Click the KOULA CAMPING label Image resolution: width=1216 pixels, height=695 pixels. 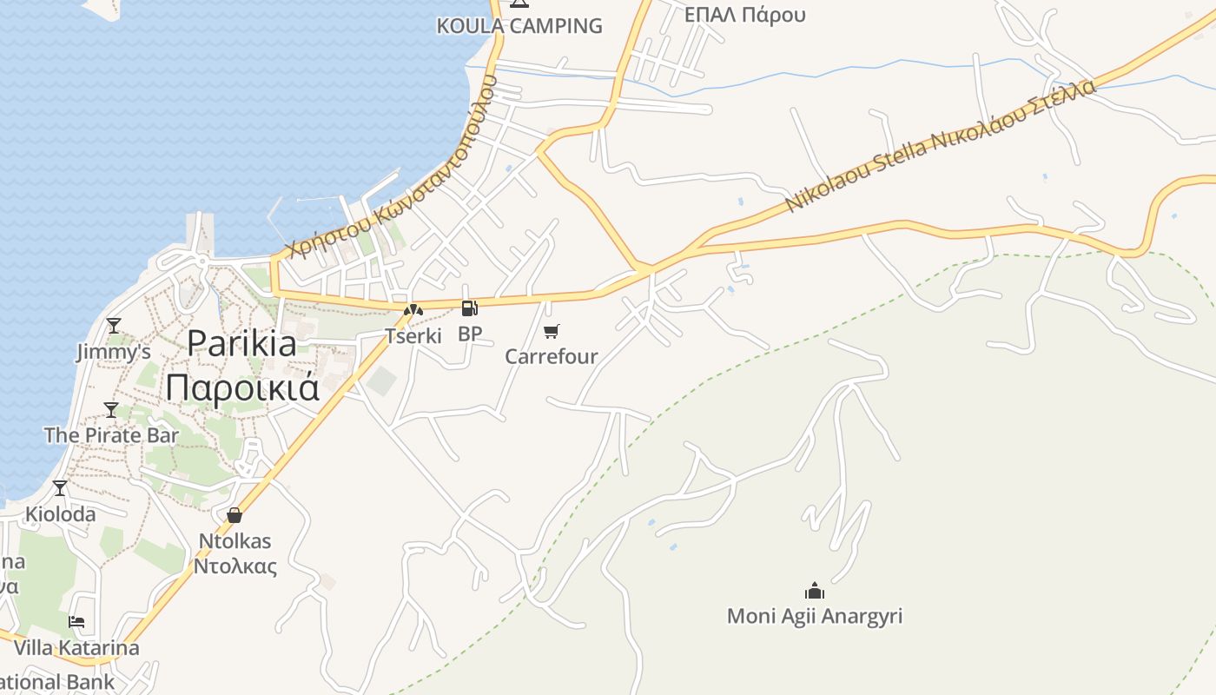pos(519,26)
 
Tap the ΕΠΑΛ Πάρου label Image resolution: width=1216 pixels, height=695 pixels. pos(744,15)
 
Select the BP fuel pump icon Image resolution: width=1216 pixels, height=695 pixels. pos(469,308)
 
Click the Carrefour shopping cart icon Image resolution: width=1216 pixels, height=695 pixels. pos(552,331)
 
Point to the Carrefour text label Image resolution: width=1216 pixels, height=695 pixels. pos(552,356)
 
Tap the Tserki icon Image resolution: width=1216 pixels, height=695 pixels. pos(413,309)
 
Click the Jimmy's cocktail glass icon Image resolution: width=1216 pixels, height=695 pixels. pos(113,326)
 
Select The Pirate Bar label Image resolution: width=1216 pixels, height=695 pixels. pos(111,435)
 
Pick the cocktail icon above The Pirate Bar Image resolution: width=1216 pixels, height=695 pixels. pos(111,409)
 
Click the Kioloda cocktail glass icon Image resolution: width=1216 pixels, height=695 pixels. pos(60,488)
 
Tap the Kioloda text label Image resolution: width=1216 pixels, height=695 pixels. pos(60,514)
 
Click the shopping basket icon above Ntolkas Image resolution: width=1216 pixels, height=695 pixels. pos(235,515)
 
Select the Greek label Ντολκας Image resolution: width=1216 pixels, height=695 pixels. pos(235,567)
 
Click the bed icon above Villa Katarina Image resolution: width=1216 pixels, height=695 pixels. pos(76,622)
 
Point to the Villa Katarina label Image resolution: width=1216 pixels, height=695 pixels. pos(76,648)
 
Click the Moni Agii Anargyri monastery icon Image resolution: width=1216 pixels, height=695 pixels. pos(814,591)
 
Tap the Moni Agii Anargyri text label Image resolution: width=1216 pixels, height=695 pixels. pos(814,617)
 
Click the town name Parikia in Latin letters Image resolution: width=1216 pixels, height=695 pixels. pos(241,344)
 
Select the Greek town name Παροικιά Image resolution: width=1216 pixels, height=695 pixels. pos(242,387)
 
